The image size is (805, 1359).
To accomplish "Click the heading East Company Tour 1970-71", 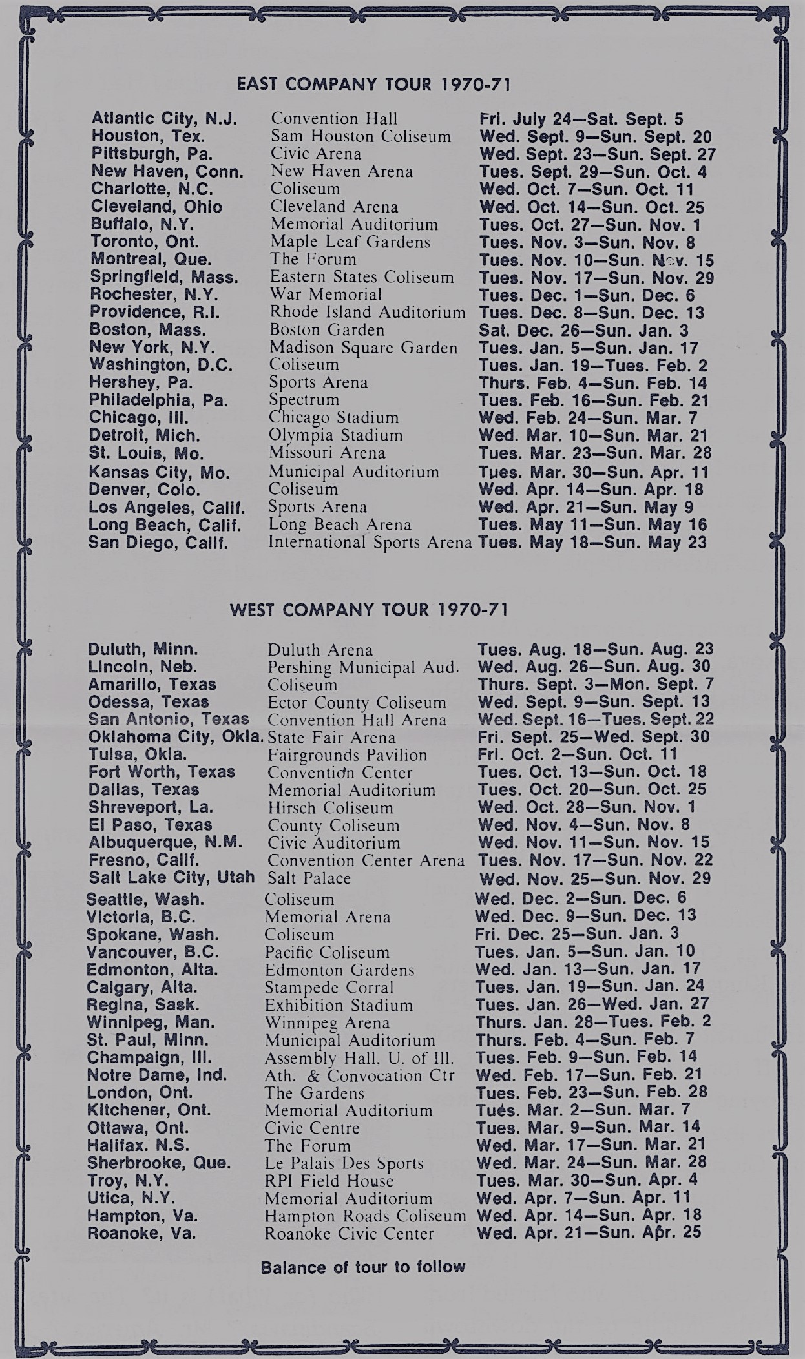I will pos(374,84).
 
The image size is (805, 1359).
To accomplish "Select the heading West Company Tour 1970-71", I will pos(369,610).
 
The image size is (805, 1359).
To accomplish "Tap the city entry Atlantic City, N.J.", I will pos(164,119).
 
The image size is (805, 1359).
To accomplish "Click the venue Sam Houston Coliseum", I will pos(361,136).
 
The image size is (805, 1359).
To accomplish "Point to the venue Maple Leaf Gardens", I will pos(350,242).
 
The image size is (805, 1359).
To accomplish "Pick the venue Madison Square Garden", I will pos(363,348).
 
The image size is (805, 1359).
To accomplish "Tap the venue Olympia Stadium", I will pos(336,435).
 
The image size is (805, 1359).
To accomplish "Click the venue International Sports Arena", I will pos(370,542).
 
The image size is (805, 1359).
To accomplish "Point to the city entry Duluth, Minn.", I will pos(143,649).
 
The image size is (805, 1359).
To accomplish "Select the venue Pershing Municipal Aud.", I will pos(363,667).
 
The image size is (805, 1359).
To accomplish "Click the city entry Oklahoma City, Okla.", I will pos(176,737).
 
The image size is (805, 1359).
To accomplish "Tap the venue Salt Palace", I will pos(309,878).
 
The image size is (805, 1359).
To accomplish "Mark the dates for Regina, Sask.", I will pos(592,1004).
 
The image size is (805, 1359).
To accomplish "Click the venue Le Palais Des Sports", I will pos(344,1163).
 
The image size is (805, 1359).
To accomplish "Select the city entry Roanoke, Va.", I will pos(141,1234).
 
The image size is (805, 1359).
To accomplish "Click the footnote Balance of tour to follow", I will pos(363,1267).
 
